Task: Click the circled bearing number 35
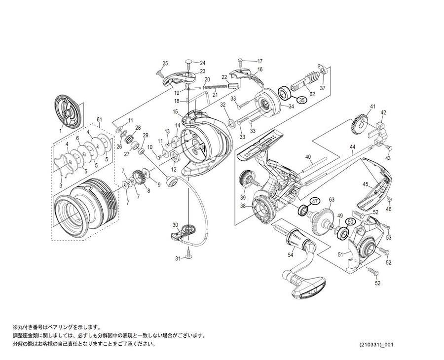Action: click(301, 100)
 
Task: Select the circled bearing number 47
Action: click(315, 201)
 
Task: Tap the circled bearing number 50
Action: click(351, 222)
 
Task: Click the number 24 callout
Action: click(202, 63)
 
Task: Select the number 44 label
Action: click(352, 147)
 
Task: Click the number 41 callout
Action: click(373, 107)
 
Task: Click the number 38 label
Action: click(243, 206)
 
